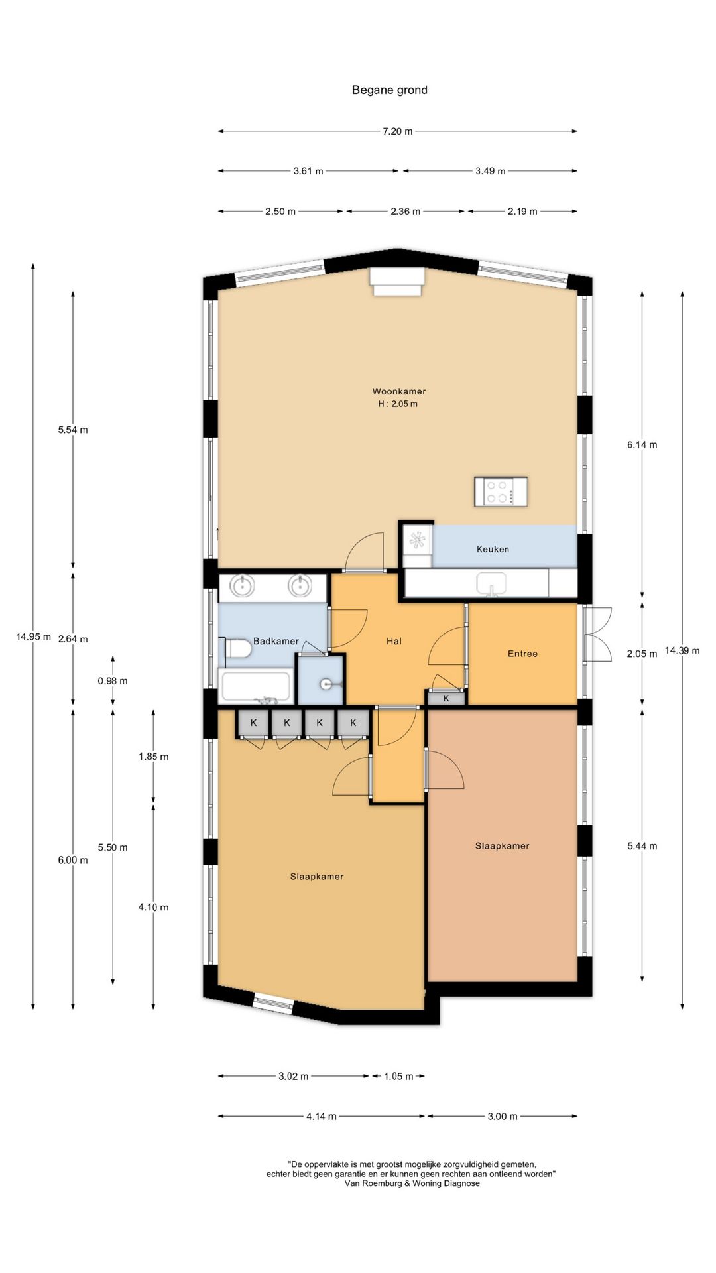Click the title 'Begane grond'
pyautogui.click(x=389, y=90)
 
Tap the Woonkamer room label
pyautogui.click(x=398, y=391)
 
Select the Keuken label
pyautogui.click(x=493, y=549)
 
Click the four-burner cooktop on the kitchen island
pyautogui.click(x=501, y=491)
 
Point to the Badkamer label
pyautogui.click(x=276, y=641)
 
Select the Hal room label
pyautogui.click(x=394, y=641)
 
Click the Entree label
pyautogui.click(x=522, y=654)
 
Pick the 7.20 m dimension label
pyautogui.click(x=397, y=131)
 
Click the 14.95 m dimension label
pyautogui.click(x=33, y=637)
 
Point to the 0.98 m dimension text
pyautogui.click(x=113, y=681)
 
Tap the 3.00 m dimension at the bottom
pyautogui.click(x=503, y=1116)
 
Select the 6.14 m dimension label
pyautogui.click(x=642, y=445)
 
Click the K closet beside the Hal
pyautogui.click(x=446, y=697)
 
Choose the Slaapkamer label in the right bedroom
pyautogui.click(x=502, y=846)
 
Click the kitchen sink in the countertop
pyautogui.click(x=491, y=584)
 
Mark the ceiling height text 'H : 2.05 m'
pyautogui.click(x=398, y=404)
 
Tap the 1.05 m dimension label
pyautogui.click(x=398, y=1076)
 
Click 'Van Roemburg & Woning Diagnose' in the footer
pyautogui.click(x=412, y=1183)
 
